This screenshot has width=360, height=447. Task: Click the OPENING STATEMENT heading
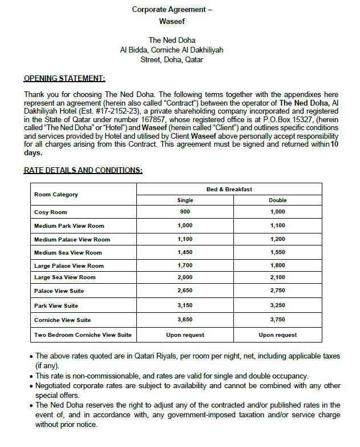pyautogui.click(x=64, y=78)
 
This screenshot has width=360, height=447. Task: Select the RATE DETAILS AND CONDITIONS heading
pyautogui.click(x=83, y=170)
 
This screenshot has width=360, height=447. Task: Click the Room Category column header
pyautogui.click(x=56, y=195)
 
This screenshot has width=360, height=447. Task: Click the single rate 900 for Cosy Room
pyautogui.click(x=185, y=212)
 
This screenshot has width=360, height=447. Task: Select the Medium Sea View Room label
pyautogui.click(x=68, y=253)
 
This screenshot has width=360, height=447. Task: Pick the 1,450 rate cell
pyautogui.click(x=185, y=252)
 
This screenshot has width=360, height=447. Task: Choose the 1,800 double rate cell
pyautogui.click(x=277, y=265)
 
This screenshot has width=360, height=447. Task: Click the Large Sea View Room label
pyautogui.click(x=65, y=277)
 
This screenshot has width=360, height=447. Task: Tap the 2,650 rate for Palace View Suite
pyautogui.click(x=185, y=291)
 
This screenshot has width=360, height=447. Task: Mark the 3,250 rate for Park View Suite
pyautogui.click(x=277, y=305)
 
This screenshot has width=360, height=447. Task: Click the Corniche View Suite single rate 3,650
pyautogui.click(x=185, y=320)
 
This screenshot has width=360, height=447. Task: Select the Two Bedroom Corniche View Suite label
pyautogui.click(x=83, y=335)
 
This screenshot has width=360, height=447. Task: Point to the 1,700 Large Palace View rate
pyautogui.click(x=185, y=265)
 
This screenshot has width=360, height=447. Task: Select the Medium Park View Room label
pyautogui.click(x=69, y=226)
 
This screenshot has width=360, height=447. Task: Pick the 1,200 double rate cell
pyautogui.click(x=277, y=239)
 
